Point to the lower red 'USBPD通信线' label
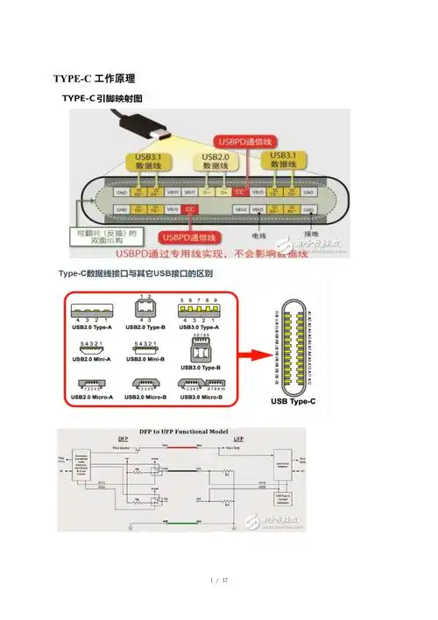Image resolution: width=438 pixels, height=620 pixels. (187, 237)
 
